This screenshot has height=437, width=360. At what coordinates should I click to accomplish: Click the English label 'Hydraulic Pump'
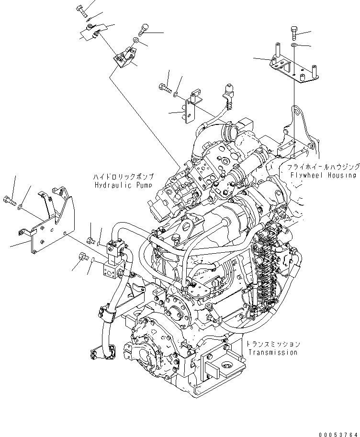click(123, 185)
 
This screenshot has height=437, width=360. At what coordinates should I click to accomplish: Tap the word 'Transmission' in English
click(272, 353)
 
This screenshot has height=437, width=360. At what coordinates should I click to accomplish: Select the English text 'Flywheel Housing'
click(324, 175)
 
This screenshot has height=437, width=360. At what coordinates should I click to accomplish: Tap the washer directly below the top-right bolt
click(293, 46)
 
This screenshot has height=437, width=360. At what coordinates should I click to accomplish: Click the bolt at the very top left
click(80, 10)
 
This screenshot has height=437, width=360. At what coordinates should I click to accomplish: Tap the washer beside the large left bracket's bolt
click(20, 207)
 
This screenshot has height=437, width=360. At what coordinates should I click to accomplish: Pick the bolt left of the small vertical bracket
click(164, 88)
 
